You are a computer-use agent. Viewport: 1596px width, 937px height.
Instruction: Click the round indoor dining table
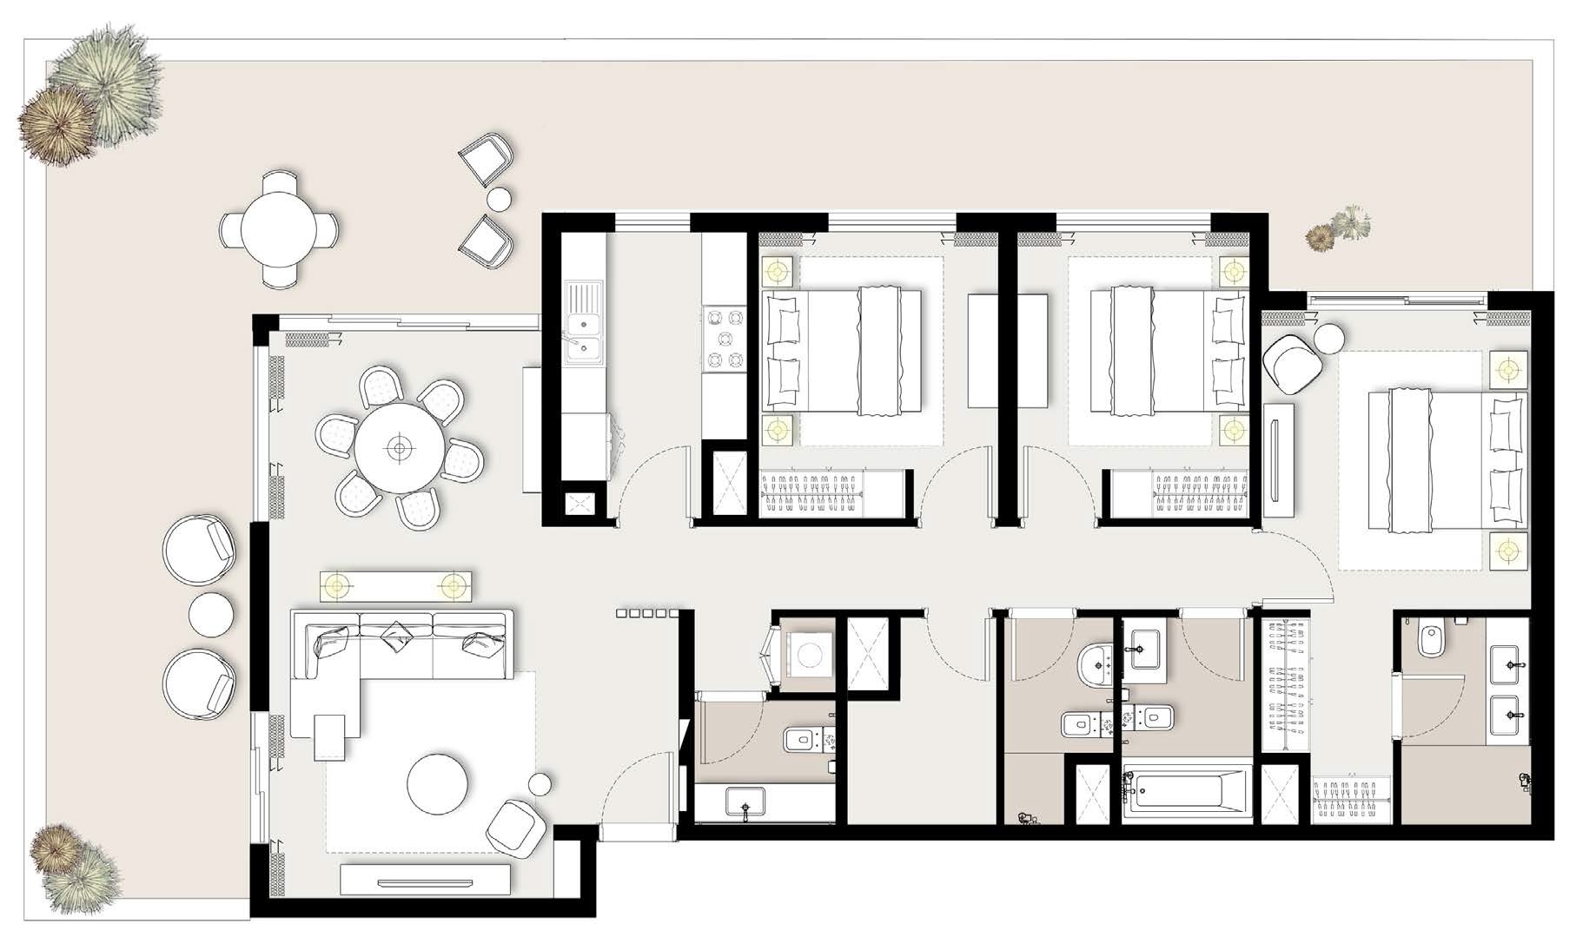(399, 448)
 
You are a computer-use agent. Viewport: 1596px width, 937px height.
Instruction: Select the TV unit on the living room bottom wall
(424, 880)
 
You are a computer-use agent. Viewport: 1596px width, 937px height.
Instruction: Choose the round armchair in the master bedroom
(1293, 362)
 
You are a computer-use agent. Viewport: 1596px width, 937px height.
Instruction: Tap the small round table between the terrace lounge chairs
(210, 614)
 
